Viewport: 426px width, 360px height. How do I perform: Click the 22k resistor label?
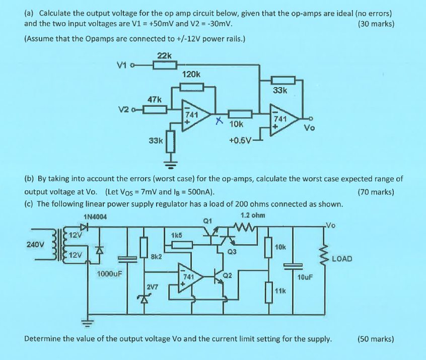[x=164, y=55]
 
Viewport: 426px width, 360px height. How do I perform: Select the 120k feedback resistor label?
[x=191, y=74]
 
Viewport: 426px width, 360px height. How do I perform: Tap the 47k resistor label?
[x=154, y=99]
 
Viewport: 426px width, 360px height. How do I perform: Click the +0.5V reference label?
[x=239, y=140]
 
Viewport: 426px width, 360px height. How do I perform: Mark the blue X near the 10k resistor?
[x=218, y=121]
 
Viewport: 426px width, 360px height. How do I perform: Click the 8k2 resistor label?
[x=157, y=256]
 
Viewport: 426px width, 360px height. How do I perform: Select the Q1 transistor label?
[x=207, y=220]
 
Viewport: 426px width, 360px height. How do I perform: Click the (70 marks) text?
[x=376, y=192]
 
